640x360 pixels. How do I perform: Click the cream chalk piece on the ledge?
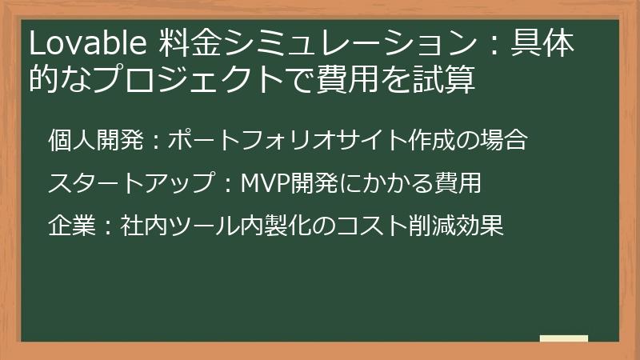[563, 338]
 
